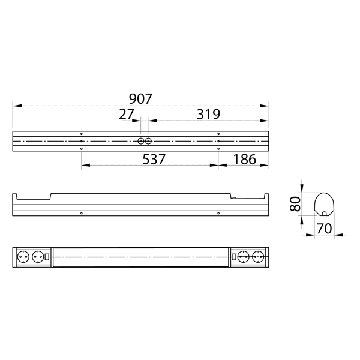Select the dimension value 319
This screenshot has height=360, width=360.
coord(207,113)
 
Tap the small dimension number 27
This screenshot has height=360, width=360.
coord(127,113)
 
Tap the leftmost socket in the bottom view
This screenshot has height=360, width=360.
coord(25,256)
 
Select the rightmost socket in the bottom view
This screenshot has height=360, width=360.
coord(258,256)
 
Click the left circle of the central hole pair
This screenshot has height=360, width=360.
coord(141,142)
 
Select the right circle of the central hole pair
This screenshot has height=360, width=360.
coord(148,142)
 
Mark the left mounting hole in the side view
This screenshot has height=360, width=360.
coord(81,213)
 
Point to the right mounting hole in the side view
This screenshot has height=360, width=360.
coord(218,213)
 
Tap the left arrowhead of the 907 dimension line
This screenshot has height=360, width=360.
coord(16,106)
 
